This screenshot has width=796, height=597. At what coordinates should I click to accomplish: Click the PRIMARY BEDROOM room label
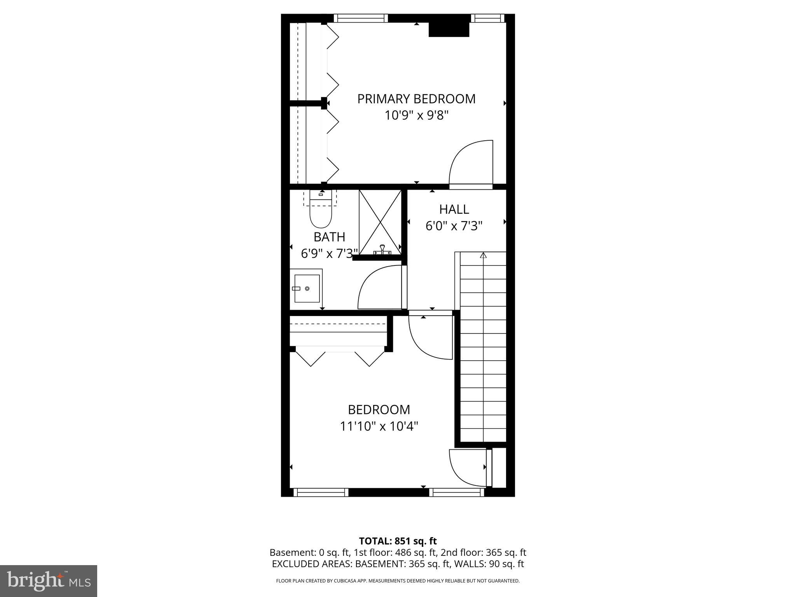(x=416, y=99)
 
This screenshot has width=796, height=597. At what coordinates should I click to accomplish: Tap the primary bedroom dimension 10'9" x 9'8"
(x=417, y=115)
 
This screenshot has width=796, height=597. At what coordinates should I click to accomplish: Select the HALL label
(x=454, y=209)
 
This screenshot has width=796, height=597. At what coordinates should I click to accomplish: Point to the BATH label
(x=329, y=237)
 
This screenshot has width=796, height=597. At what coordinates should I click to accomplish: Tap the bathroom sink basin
(x=307, y=288)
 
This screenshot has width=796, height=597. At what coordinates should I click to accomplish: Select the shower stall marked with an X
(x=380, y=222)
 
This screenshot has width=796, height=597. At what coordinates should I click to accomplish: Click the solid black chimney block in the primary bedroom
(x=449, y=30)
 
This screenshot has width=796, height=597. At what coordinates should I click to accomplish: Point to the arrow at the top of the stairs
(x=483, y=255)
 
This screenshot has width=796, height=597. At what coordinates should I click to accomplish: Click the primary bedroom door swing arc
(x=468, y=163)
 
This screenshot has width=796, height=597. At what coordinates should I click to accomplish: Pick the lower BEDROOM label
(x=379, y=410)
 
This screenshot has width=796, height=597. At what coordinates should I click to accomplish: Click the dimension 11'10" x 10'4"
(x=379, y=426)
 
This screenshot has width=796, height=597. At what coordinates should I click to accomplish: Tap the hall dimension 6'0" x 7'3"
(x=454, y=226)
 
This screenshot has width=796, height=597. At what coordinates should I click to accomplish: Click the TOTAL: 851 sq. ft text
(x=398, y=541)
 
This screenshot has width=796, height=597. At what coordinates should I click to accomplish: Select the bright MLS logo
(x=49, y=581)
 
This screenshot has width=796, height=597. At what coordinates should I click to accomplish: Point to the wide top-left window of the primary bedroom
(x=361, y=18)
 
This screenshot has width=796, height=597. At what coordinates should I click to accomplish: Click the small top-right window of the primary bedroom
(x=487, y=18)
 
